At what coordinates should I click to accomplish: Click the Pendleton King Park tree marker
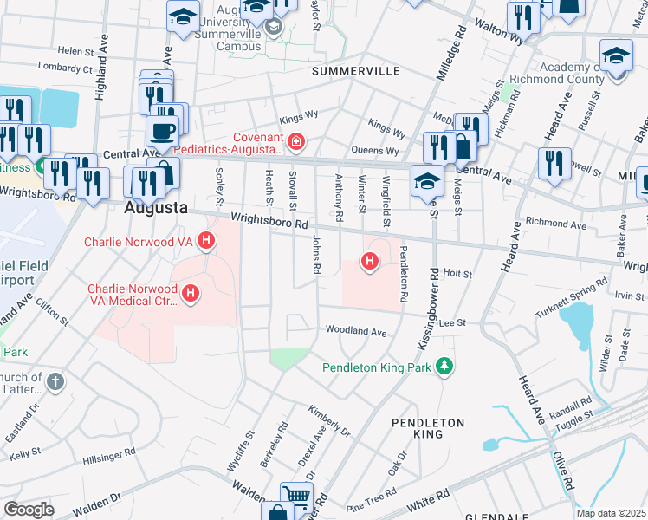click(444, 367)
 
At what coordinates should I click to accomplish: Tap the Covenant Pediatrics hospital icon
click(296, 140)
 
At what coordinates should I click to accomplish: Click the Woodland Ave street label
click(355, 331)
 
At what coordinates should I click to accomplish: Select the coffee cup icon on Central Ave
click(162, 132)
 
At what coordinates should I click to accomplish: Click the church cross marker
click(55, 381)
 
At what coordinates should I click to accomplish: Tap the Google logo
click(29, 510)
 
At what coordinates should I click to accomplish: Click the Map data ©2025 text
click(611, 513)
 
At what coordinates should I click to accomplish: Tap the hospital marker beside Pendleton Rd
click(370, 260)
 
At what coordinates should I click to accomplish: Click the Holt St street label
click(457, 273)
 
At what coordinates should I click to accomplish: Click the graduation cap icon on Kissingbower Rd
click(428, 180)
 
